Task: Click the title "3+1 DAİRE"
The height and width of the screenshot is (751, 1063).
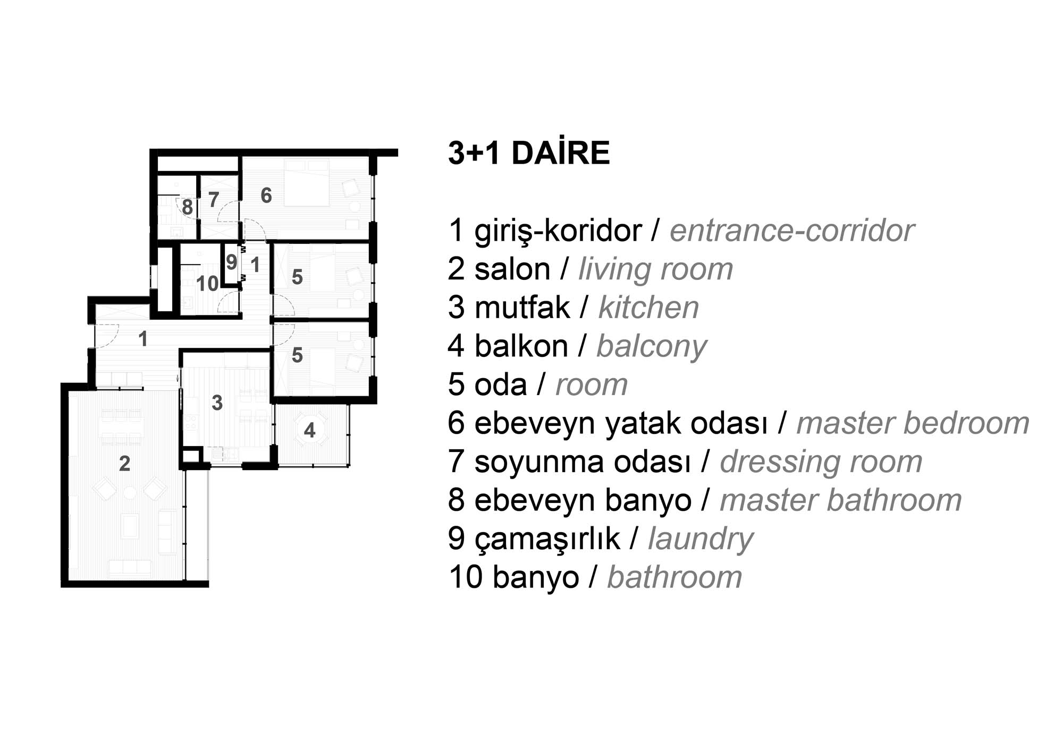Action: point(529,153)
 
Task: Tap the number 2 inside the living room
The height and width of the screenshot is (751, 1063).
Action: point(124,464)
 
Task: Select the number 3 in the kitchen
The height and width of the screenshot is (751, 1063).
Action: point(217,403)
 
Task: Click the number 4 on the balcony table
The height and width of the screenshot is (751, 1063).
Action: point(310,430)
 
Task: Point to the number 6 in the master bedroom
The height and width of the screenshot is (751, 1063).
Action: point(266,195)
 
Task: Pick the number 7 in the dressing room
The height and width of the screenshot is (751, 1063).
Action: point(214,200)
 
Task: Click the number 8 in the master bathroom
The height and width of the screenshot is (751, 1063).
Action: point(187,207)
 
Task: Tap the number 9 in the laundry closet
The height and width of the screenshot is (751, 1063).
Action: point(232,262)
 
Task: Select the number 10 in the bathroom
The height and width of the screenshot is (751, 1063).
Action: point(207,284)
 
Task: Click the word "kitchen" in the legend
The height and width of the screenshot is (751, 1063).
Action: point(648,308)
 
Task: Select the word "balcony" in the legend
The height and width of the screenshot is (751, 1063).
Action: point(652,347)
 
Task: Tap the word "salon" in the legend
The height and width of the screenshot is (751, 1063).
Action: point(512,269)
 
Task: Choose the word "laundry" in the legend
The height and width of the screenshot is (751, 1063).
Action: point(701,540)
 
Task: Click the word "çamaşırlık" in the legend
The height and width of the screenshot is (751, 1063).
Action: point(547,540)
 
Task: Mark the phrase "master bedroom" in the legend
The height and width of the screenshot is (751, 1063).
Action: point(913,423)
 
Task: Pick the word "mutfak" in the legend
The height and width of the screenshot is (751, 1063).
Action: point(522,308)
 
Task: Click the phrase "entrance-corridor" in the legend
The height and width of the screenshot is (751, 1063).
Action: point(792,231)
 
